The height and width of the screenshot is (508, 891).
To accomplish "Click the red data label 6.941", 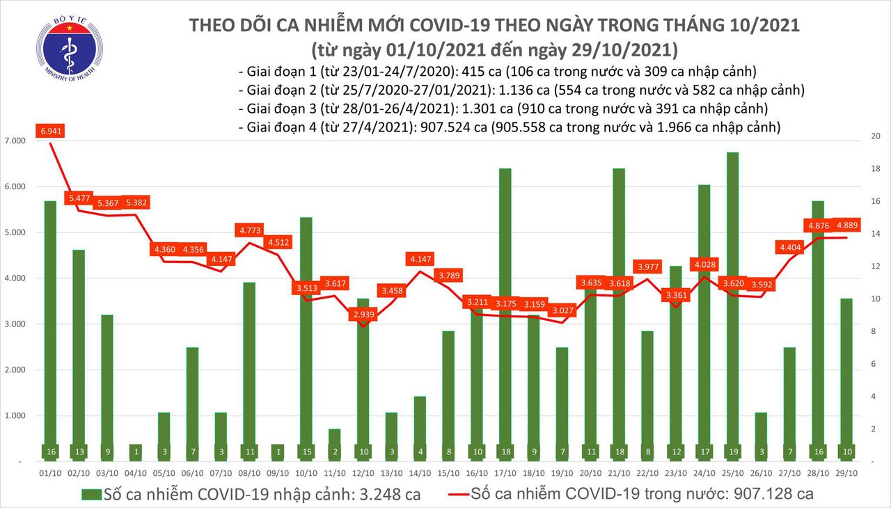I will coord(52,131).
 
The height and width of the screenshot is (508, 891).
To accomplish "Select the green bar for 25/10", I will coord(732,306).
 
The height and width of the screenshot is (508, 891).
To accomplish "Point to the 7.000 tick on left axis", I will coord(16,141).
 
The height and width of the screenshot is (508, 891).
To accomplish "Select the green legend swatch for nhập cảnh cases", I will coord(90,495).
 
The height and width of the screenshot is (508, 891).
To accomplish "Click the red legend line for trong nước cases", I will coord(452,495).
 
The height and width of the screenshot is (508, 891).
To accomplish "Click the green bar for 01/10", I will coord(51,331).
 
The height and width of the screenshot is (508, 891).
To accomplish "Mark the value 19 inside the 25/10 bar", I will coord(732,452).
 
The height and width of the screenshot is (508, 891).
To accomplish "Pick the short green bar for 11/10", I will coord(335,445).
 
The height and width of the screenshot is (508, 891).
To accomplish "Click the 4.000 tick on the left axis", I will coord(16,278).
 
